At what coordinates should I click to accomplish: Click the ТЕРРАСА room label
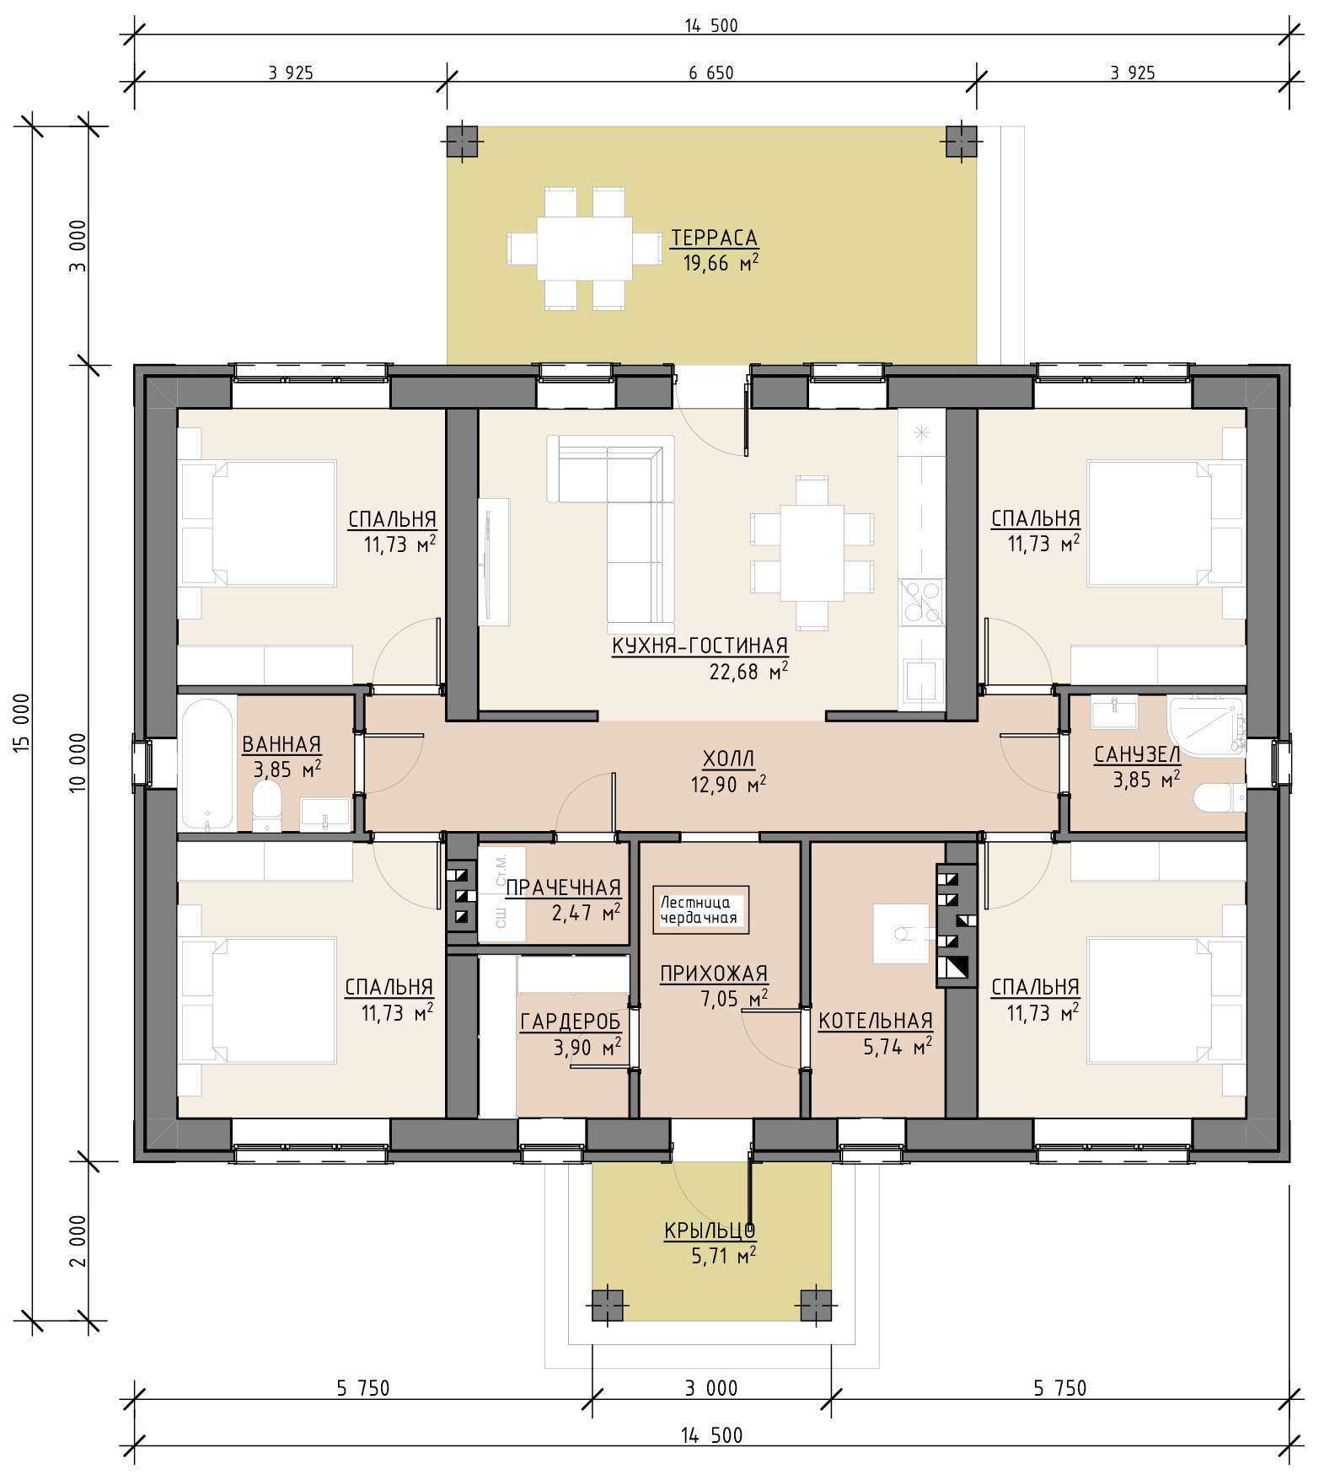pos(714,239)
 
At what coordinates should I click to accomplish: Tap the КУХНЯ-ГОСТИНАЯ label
pos(700,646)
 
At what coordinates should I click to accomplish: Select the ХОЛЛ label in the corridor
pos(729,759)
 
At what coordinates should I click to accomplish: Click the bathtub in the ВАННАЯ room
pos(207,763)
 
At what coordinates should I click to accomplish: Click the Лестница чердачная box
pos(700,909)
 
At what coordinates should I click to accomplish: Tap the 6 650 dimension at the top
pos(711,73)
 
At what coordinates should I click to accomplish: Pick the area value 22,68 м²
pos(749,672)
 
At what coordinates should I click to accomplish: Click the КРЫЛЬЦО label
pos(710,1231)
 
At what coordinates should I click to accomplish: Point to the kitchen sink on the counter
pos(921,683)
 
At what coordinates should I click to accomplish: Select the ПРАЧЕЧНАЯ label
pos(563,887)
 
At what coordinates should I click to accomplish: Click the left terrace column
pos(461,142)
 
